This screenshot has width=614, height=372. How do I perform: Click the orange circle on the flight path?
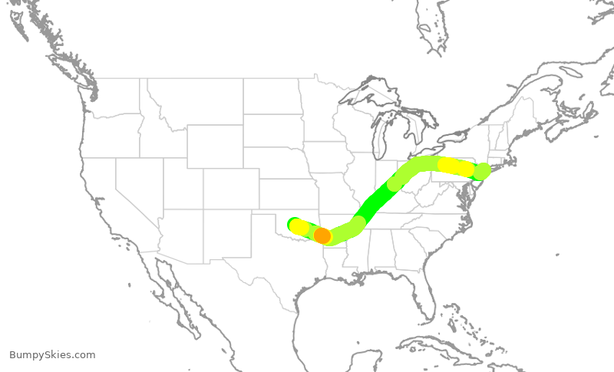(x=322, y=235)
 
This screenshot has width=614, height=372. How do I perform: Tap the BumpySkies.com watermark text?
(x=52, y=355)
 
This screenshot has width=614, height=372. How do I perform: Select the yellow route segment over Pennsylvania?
(x=454, y=166)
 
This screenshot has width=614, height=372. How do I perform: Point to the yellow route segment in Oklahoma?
(x=299, y=227)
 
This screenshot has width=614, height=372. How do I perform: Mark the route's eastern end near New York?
(x=482, y=171)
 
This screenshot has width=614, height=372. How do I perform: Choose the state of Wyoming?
(x=215, y=146)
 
